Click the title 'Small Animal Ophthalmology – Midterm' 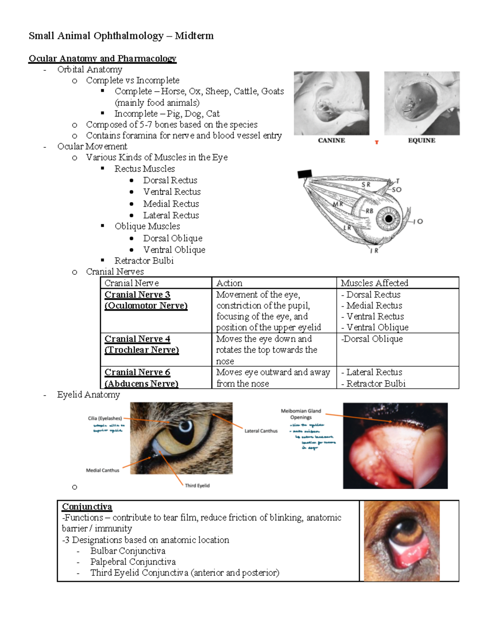[121, 36]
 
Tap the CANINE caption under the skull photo [331, 140]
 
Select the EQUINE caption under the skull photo [421, 140]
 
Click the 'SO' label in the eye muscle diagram [396, 190]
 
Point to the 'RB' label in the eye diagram [369, 211]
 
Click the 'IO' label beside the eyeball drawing [418, 221]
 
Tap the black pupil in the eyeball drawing [389, 219]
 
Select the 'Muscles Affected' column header [374, 283]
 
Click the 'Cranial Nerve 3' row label [137, 295]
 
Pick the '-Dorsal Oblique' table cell [372, 339]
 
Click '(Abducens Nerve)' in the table [141, 383]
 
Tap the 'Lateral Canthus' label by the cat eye [261, 431]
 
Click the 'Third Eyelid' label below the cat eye [197, 485]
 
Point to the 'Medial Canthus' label [102, 470]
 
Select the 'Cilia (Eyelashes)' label [105, 418]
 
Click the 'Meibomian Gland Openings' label [301, 414]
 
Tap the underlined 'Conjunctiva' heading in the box [87, 507]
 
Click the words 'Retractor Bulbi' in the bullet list [144, 261]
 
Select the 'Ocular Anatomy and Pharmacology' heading [102, 59]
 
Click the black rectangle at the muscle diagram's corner [305, 174]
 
